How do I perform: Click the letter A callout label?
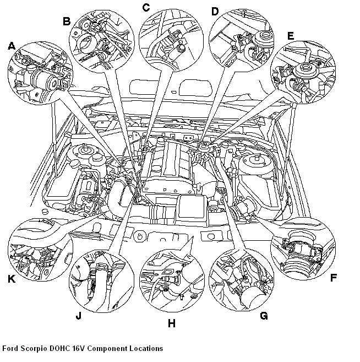click(12, 47)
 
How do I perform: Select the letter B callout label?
click(67, 21)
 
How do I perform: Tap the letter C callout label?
click(146, 7)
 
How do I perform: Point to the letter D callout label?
click(215, 11)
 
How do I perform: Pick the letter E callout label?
click(290, 36)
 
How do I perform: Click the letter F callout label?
click(333, 278)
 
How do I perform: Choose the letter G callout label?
click(264, 316)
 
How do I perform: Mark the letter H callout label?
click(171, 323)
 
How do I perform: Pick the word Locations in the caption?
click(146, 349)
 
